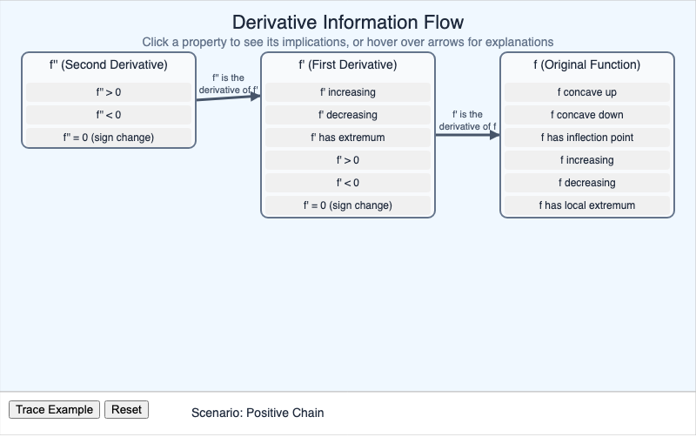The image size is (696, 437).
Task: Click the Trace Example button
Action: (x=54, y=410)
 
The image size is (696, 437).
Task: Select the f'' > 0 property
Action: (x=109, y=92)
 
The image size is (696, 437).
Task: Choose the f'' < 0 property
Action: (x=109, y=115)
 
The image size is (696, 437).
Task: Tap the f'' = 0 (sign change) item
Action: (x=109, y=138)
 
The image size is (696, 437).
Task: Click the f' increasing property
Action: (x=348, y=92)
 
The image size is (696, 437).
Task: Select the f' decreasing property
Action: (x=348, y=115)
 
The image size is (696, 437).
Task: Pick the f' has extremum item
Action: (x=348, y=138)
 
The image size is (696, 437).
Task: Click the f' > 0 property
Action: (x=348, y=160)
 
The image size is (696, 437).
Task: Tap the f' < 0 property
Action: (x=348, y=183)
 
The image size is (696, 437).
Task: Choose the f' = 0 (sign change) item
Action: (x=348, y=205)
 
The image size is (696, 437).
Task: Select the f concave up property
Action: (x=587, y=92)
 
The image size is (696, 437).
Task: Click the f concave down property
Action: (x=587, y=115)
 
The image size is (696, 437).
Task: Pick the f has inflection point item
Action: (x=587, y=138)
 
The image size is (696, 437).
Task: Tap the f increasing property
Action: (x=587, y=160)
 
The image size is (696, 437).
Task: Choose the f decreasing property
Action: (x=587, y=183)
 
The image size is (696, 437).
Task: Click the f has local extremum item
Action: (x=587, y=205)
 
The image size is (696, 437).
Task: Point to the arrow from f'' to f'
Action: (x=228, y=97)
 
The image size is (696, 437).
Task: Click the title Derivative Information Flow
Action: (x=348, y=22)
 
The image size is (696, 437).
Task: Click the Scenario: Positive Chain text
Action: (x=257, y=413)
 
